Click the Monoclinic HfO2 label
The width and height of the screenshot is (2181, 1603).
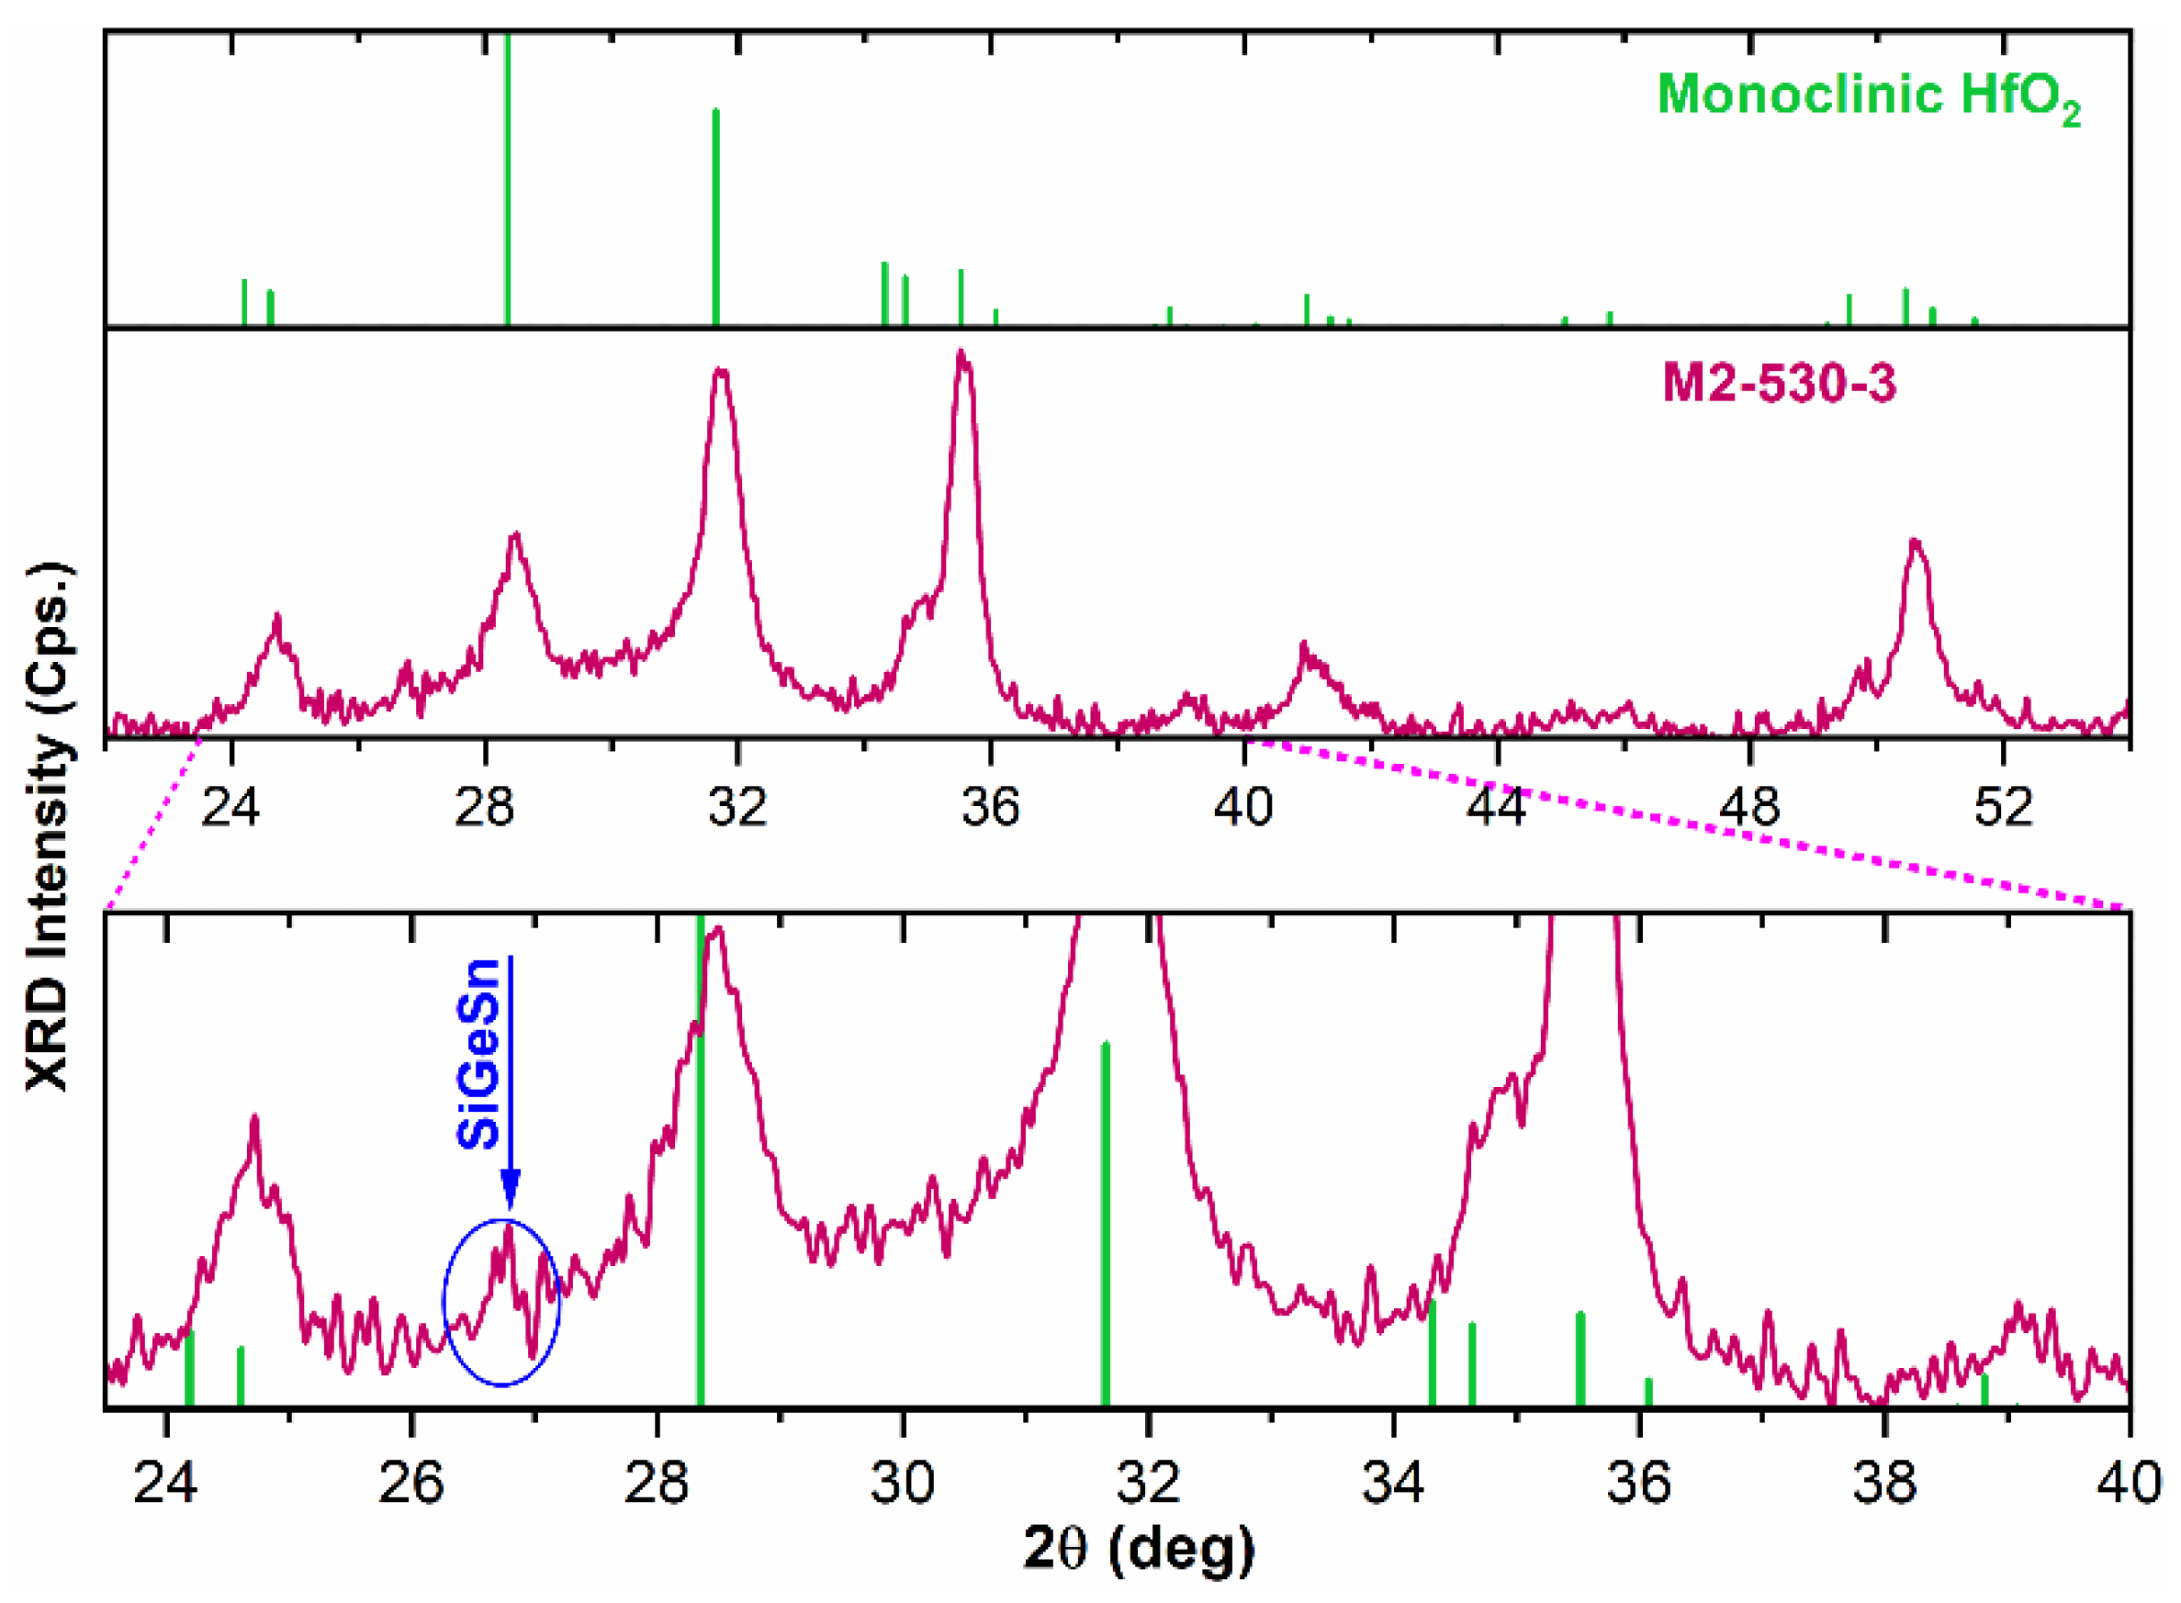pos(1868,97)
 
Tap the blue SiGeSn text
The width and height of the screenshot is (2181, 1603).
pos(478,1054)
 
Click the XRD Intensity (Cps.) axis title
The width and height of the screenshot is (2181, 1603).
pos(49,824)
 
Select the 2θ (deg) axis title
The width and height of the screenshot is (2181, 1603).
pos(1139,1548)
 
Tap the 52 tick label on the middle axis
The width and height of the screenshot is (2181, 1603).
pos(2003,806)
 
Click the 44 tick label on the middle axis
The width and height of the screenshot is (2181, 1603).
pos(1497,806)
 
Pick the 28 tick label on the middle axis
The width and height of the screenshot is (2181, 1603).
pos(483,806)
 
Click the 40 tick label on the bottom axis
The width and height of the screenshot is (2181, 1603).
pos(2130,1484)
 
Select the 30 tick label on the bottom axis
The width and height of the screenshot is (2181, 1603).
pos(903,1484)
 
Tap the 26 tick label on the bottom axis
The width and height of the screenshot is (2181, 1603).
pos(411,1484)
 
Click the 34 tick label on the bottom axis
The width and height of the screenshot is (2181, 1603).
pos(1394,1484)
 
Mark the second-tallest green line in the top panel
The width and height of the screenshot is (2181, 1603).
pos(715,219)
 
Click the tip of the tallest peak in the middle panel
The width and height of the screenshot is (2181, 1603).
pos(961,354)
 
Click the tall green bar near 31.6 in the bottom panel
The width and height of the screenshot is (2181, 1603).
pos(1105,1223)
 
